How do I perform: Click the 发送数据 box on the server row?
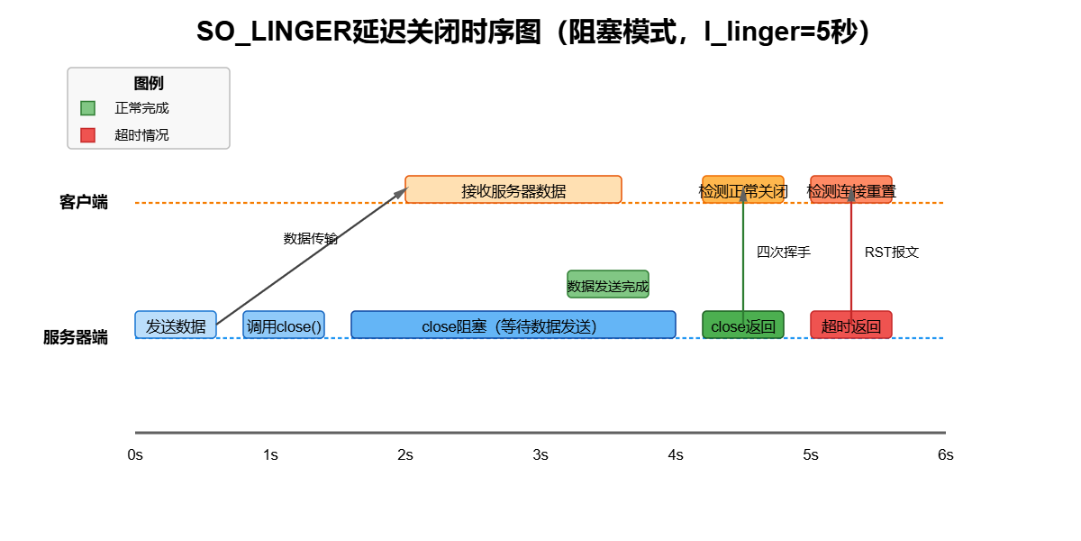click(x=176, y=326)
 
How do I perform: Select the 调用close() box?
click(x=284, y=326)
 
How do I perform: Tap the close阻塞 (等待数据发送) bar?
click(x=513, y=325)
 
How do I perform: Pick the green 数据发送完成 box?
click(x=608, y=285)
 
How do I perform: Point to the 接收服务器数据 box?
click(x=513, y=189)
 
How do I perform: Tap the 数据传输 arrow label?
click(x=311, y=239)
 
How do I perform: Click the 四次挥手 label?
click(x=784, y=252)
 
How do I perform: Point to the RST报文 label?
click(x=892, y=252)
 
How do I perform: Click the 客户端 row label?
click(x=84, y=202)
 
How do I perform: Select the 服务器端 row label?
click(x=76, y=338)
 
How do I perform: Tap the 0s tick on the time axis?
click(x=135, y=455)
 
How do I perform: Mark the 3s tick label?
click(x=540, y=455)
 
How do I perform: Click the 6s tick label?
click(x=945, y=455)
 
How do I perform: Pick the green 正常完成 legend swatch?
click(x=87, y=108)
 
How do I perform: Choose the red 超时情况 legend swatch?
click(x=87, y=135)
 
